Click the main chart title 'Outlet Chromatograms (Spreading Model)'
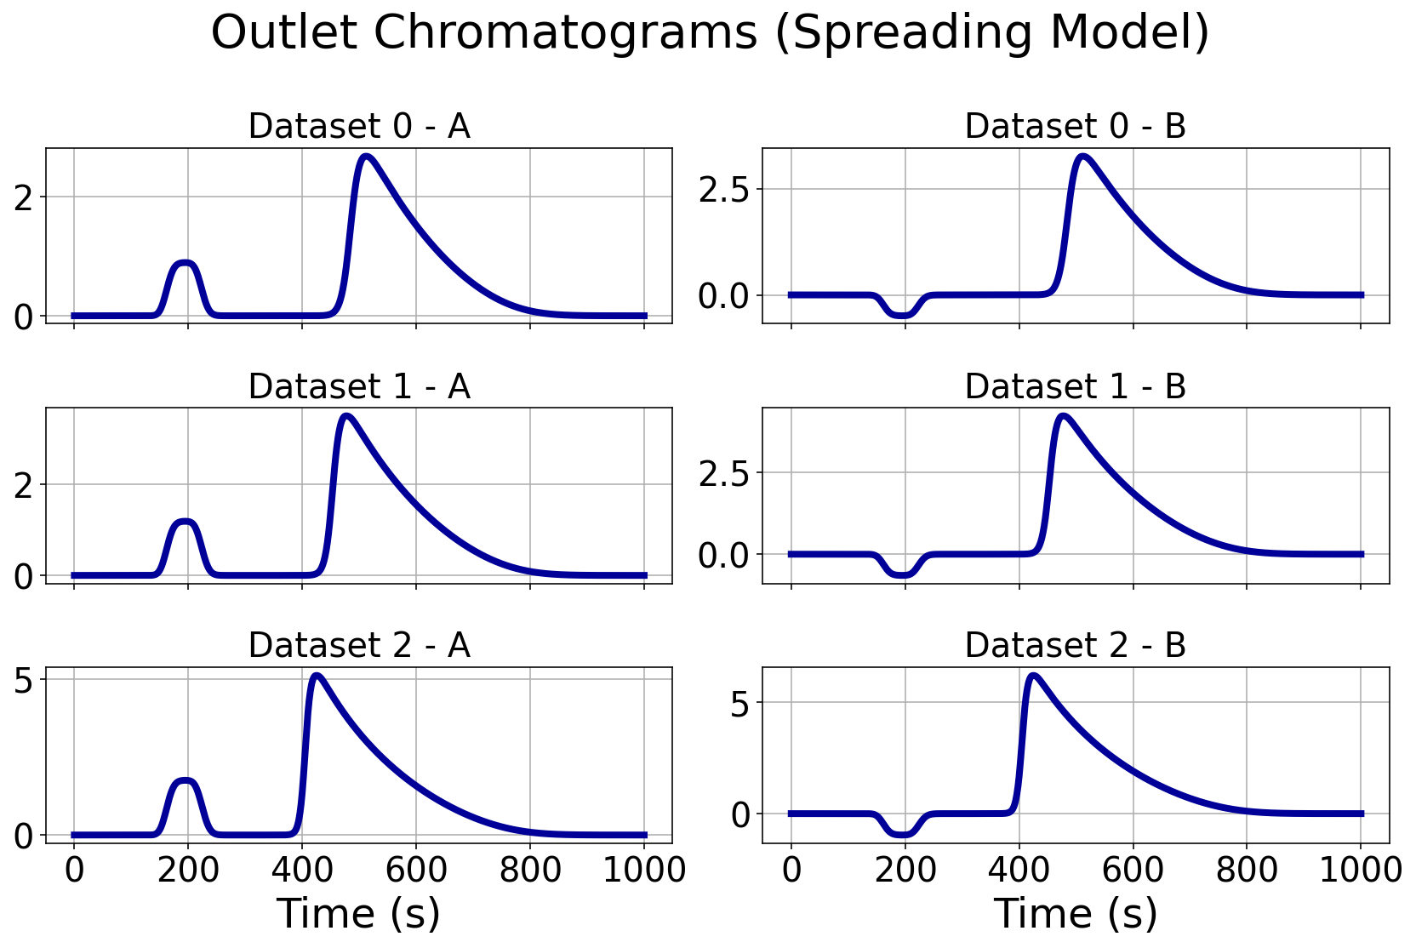pos(710,34)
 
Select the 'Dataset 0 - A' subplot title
pos(358,127)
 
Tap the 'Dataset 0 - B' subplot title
pos(1075,127)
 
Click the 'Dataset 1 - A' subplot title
pos(358,386)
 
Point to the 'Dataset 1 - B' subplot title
pos(1075,386)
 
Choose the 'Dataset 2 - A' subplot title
pos(358,646)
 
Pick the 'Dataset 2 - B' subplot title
pos(1075,646)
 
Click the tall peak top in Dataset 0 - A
pos(366,157)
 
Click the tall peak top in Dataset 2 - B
pos(1033,676)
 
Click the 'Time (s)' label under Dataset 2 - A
pos(358,914)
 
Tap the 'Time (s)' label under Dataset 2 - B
pos(1075,914)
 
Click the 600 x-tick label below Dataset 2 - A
pos(416,870)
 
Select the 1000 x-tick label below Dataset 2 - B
pos(1359,870)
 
